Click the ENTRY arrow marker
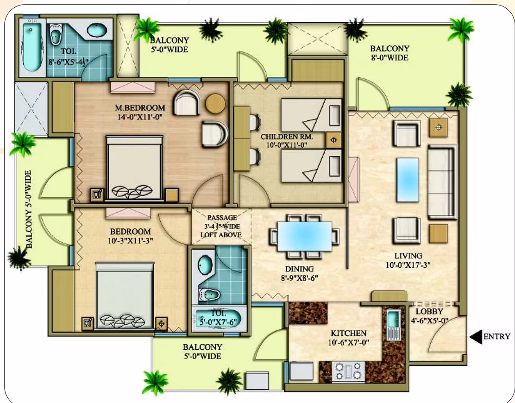click(476, 337)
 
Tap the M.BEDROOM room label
click(140, 108)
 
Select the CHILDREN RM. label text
click(287, 137)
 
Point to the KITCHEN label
click(348, 334)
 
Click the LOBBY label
click(429, 311)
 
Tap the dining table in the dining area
click(304, 236)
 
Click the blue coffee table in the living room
click(408, 180)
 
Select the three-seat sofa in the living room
click(442, 183)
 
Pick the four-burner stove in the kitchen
click(348, 372)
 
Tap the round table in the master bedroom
click(215, 103)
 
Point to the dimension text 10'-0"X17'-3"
click(408, 264)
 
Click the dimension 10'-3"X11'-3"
click(131, 241)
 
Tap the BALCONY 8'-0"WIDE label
click(389, 53)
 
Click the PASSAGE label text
click(222, 217)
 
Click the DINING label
click(299, 269)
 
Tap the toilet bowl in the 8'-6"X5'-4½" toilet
click(56, 34)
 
